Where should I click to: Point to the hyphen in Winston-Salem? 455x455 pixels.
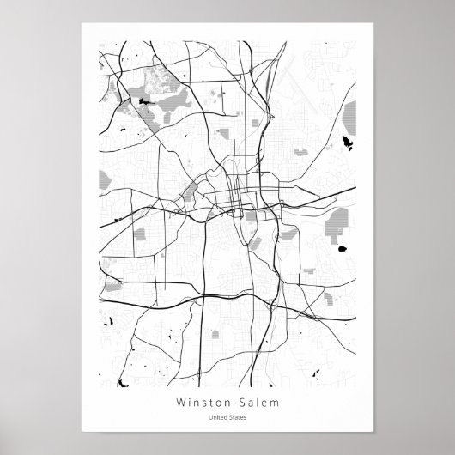coord(229,402)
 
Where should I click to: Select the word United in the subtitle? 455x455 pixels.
coord(219,418)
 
